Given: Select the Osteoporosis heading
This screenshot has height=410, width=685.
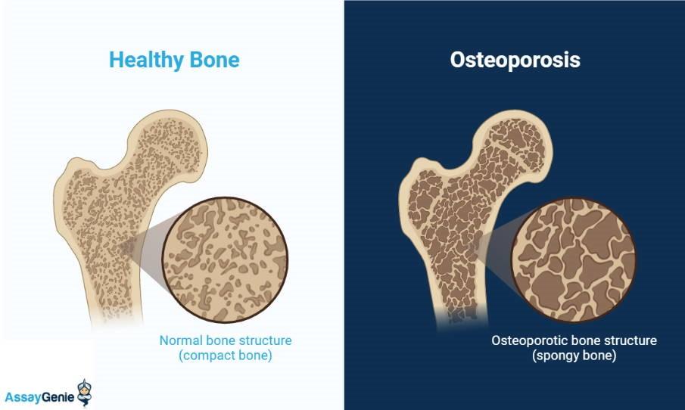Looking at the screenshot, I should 515,60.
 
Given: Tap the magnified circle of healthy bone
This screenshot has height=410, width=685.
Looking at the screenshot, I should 225,259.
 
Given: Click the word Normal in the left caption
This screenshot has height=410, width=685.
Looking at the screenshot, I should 179,340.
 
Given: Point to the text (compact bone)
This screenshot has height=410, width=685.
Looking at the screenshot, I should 225,356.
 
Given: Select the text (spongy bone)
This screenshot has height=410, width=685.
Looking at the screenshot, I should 573,356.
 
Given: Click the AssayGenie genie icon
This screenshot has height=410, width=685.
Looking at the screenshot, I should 83,392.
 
